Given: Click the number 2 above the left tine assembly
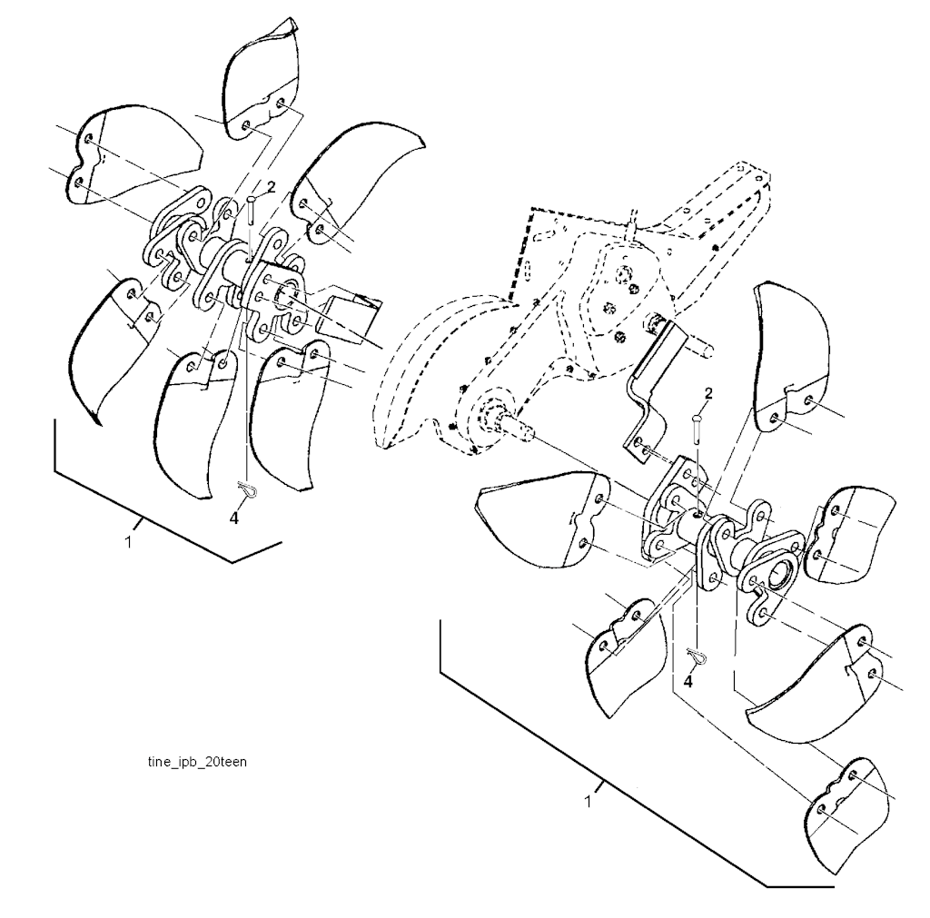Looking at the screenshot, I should (270, 186).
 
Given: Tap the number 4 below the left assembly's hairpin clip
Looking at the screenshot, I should (234, 518).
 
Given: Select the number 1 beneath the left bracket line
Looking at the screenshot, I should (128, 542).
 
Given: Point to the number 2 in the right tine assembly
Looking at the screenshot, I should (707, 393).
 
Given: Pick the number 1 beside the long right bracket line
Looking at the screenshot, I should (588, 803).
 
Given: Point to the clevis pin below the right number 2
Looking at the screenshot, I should (696, 428).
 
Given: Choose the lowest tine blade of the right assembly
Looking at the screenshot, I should (845, 808).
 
